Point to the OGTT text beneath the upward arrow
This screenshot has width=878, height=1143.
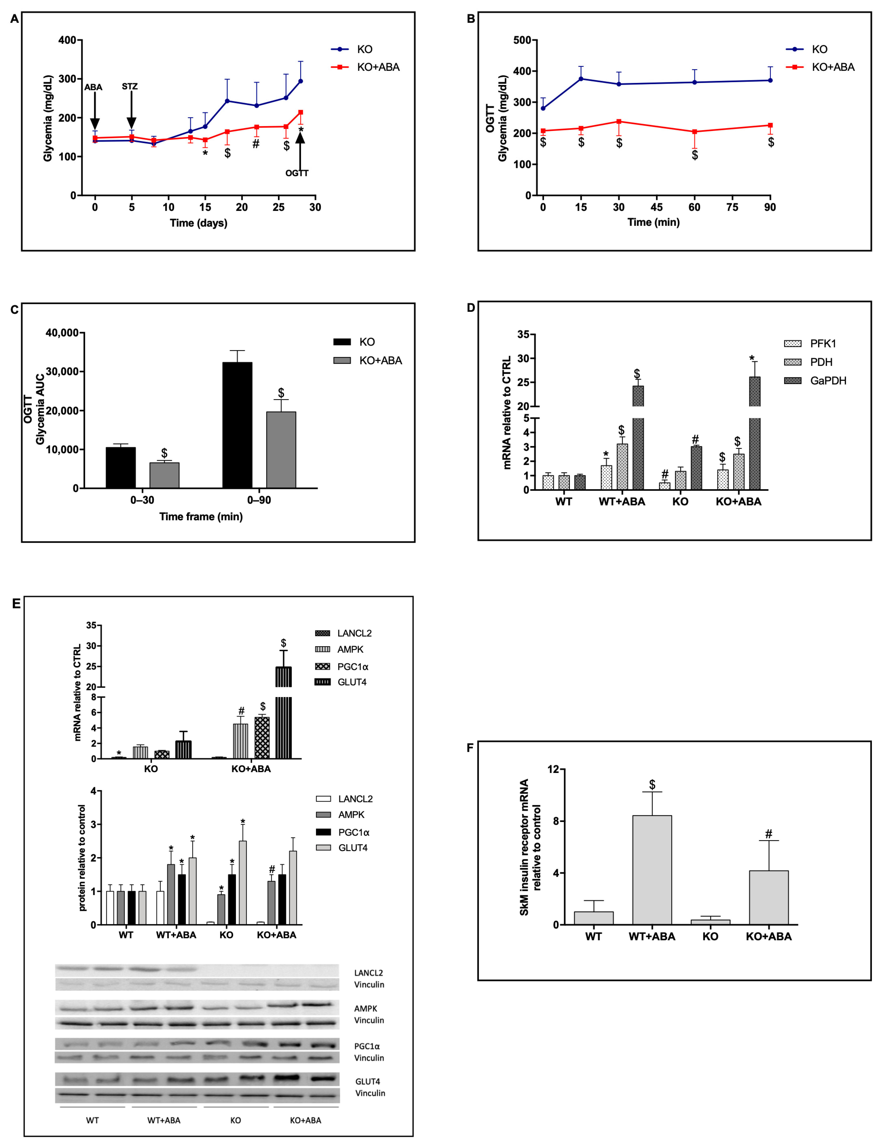(x=297, y=173)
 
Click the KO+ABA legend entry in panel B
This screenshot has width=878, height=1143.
(x=832, y=67)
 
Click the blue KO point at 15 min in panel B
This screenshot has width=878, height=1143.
(x=581, y=79)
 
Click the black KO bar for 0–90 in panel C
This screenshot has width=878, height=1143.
(x=237, y=424)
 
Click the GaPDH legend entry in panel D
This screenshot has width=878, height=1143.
(x=828, y=380)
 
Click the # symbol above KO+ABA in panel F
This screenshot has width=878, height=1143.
(x=768, y=834)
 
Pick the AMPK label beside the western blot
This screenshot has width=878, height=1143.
(x=365, y=1009)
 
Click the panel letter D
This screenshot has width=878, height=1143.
(x=471, y=308)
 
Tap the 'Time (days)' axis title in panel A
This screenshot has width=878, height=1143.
(x=199, y=223)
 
